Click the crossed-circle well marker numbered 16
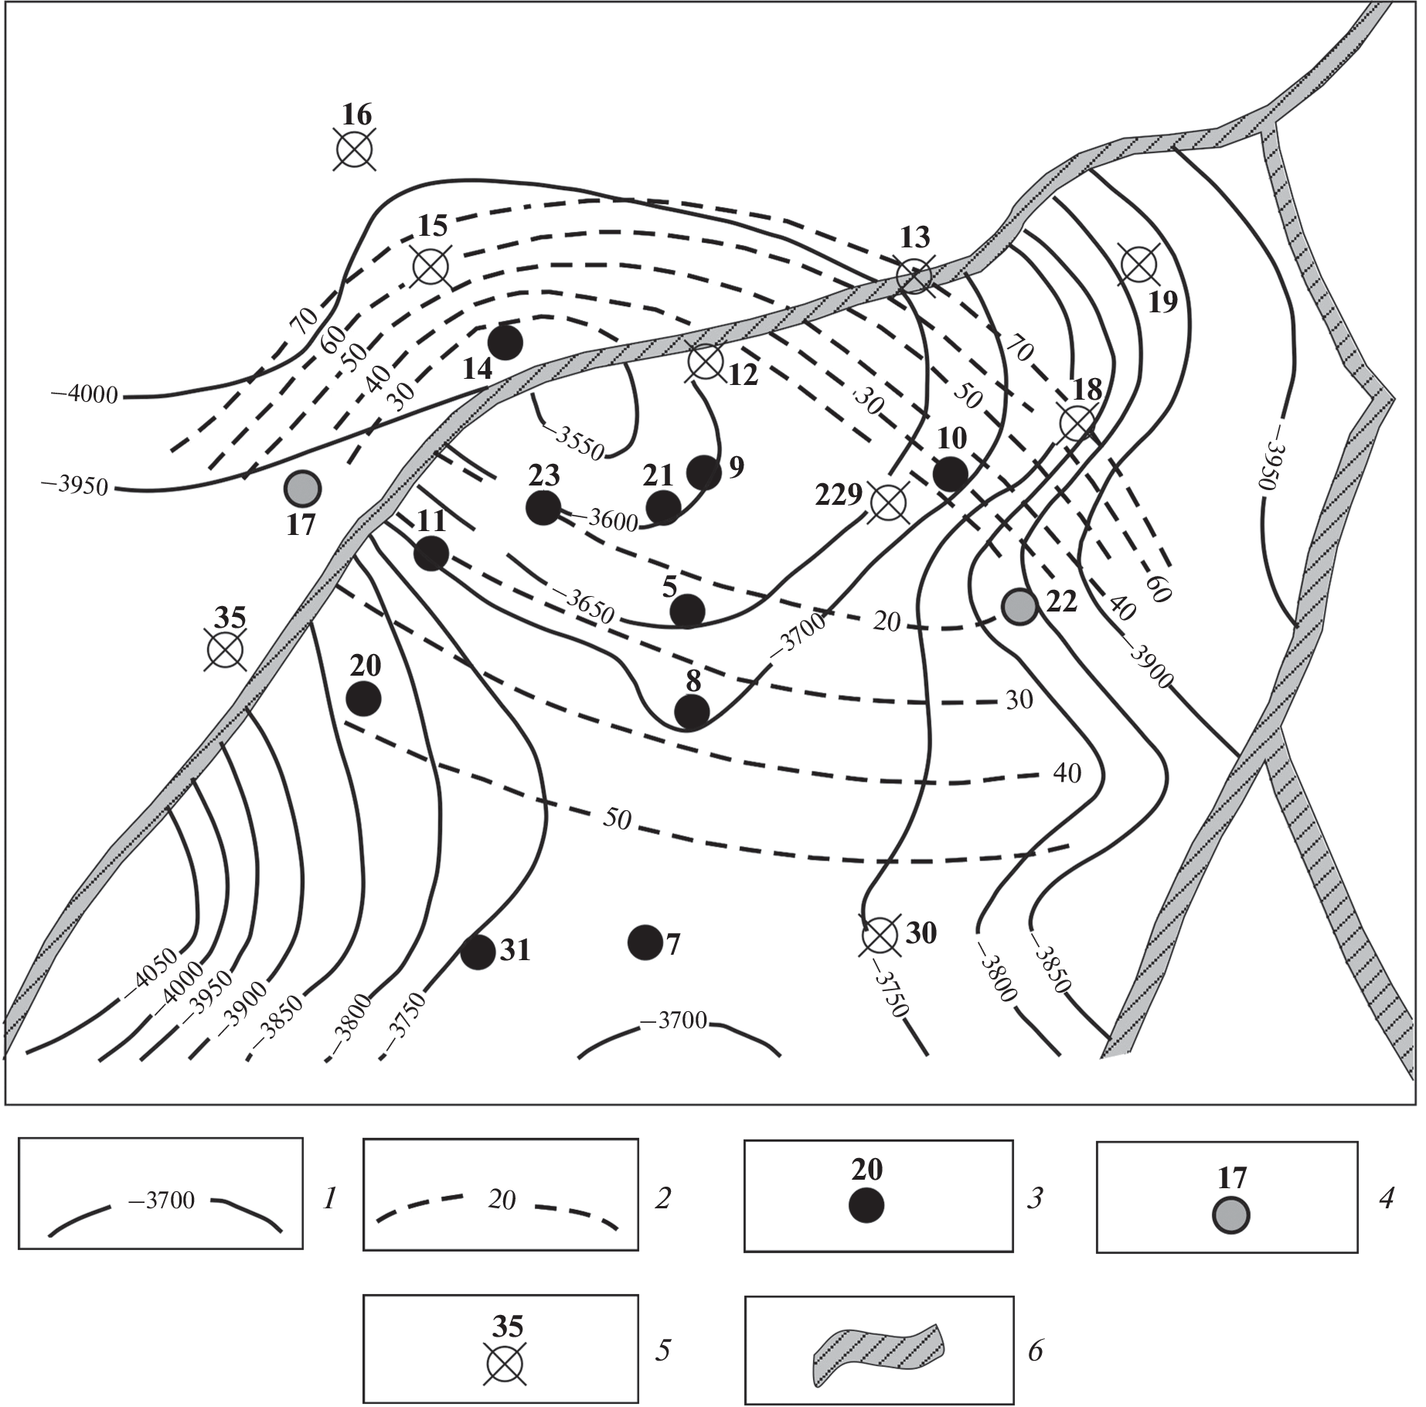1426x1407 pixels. (x=356, y=149)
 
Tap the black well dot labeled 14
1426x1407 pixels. (x=505, y=342)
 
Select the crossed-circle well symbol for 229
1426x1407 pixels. (x=889, y=502)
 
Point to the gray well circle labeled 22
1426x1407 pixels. (x=1019, y=605)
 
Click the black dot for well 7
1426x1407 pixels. (x=645, y=942)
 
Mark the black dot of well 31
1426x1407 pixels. (x=478, y=952)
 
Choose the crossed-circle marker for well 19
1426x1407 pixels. (x=1138, y=265)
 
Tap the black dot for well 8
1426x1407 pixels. (x=692, y=712)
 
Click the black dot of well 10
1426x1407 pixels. (x=951, y=474)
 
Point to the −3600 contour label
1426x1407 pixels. (x=613, y=520)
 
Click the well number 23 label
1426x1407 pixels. (x=544, y=475)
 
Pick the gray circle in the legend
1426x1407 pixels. (x=1230, y=1215)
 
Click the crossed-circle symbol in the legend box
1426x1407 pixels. (x=506, y=1363)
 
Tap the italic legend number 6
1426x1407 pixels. (x=1036, y=1351)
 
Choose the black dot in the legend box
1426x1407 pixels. (x=866, y=1205)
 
